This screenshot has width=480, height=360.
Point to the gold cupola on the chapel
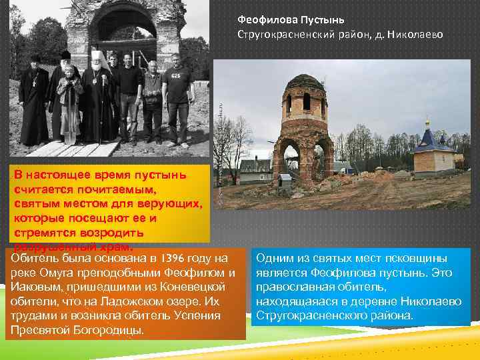(x=429, y=123)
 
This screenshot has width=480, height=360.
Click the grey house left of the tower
(x=255, y=169)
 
